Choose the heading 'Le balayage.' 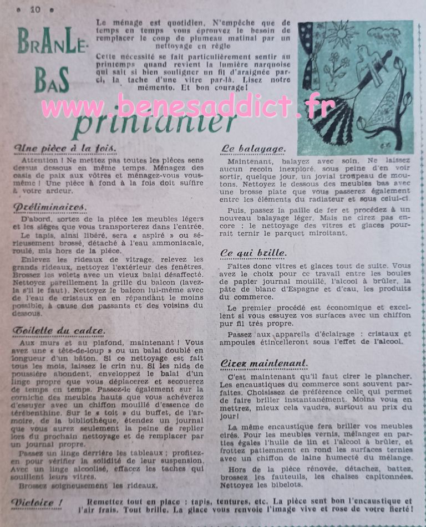coord(253,149)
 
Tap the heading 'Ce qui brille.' coord(253,253)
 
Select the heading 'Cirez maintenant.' coord(263,363)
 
